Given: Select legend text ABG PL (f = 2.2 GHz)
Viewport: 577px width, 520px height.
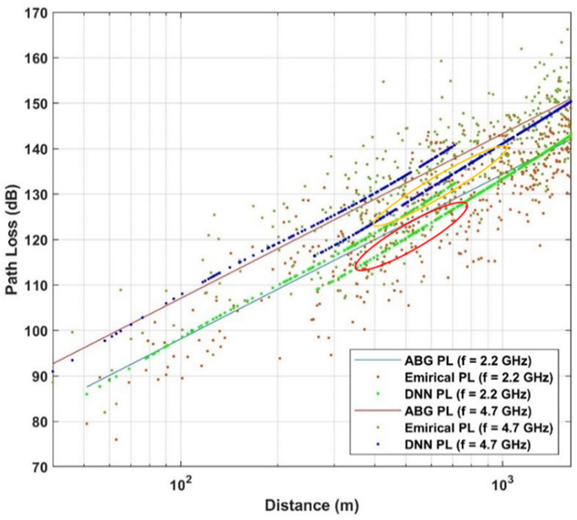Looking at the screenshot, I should pyautogui.click(x=468, y=361).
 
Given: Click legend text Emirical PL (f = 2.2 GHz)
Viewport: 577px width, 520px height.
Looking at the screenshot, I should pyautogui.click(x=478, y=378).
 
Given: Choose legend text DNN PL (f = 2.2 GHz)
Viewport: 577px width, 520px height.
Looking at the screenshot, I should pyautogui.click(x=468, y=394).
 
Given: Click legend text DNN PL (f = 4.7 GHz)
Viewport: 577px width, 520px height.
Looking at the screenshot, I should pyautogui.click(x=468, y=445).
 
